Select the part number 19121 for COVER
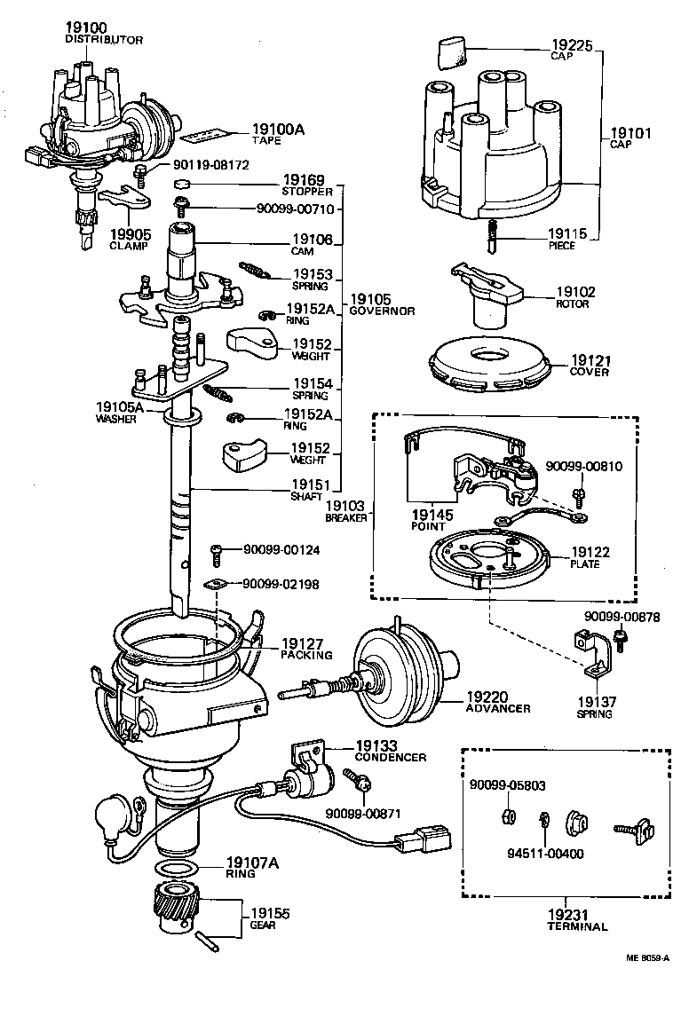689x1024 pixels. tap(590, 360)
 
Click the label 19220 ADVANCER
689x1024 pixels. tap(497, 702)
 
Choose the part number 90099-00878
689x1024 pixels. tap(634, 617)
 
